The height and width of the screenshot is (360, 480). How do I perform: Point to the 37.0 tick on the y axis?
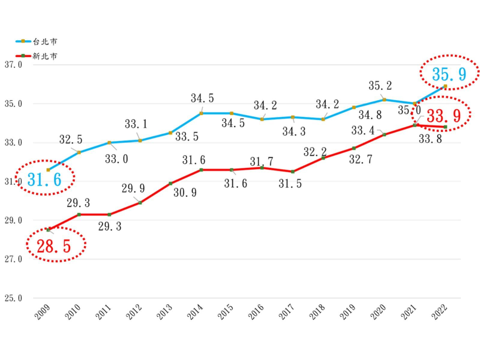tap(13, 65)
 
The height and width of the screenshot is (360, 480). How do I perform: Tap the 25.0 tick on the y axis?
tap(13, 298)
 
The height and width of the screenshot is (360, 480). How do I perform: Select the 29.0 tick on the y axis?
tap(13, 221)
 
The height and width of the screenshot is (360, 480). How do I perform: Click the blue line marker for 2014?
tap(201, 113)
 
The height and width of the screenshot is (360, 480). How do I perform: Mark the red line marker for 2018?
tap(323, 158)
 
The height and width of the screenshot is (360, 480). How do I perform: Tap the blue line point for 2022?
tap(445, 86)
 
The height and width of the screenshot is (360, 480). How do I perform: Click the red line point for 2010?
tap(79, 214)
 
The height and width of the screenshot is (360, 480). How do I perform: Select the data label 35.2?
tap(380, 85)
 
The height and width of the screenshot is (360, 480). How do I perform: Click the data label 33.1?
tap(136, 125)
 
